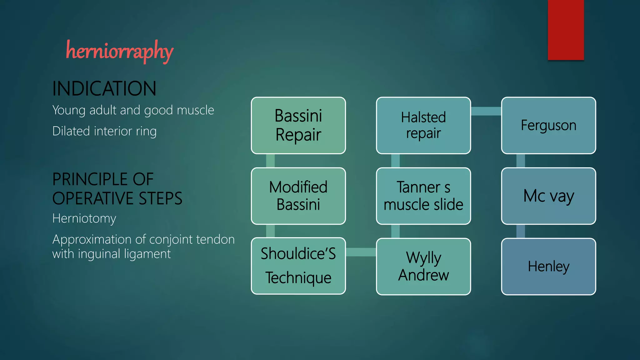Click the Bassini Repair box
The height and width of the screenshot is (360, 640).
click(298, 125)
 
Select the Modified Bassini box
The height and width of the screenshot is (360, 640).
click(298, 196)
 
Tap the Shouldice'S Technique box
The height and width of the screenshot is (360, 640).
click(298, 266)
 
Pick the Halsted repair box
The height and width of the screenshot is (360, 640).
click(423, 125)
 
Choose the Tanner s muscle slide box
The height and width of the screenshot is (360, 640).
click(423, 196)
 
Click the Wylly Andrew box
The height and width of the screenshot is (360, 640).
click(423, 267)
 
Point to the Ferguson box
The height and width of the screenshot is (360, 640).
click(548, 125)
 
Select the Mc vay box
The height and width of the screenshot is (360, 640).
click(548, 196)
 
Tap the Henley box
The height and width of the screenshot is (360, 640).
click(548, 267)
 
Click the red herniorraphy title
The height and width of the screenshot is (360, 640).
click(119, 51)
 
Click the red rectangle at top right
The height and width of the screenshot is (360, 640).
click(566, 30)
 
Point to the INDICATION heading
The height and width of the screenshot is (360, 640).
click(104, 88)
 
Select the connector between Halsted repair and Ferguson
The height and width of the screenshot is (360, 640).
click(486, 111)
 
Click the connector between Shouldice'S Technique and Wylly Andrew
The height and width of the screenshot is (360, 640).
click(361, 252)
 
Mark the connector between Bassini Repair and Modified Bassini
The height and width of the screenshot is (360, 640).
click(270, 161)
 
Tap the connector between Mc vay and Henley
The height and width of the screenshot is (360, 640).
click(521, 231)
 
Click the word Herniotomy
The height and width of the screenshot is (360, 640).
click(84, 218)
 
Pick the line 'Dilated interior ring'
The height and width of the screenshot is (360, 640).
click(104, 131)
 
